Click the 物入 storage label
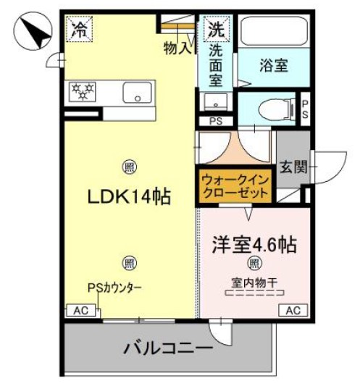pos(178,49)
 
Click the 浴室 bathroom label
pos(273,65)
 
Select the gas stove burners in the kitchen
pos(82,91)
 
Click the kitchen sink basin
pos(136,93)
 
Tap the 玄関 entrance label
pos(293,167)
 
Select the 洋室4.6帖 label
pos(254,243)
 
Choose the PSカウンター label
pos(114,288)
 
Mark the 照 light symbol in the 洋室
pos(254,262)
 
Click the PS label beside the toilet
pos(305,109)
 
